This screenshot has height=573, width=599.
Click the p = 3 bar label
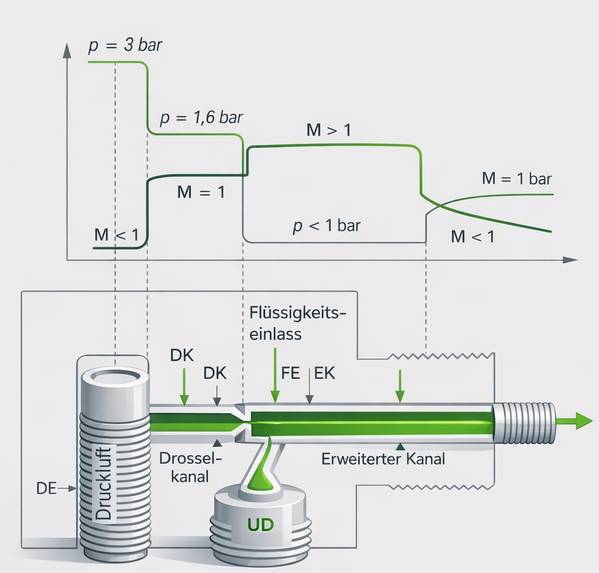[126, 46]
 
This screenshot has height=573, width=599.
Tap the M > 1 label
[329, 130]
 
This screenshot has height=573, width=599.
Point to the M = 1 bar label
[516, 179]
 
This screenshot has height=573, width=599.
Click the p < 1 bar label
[326, 226]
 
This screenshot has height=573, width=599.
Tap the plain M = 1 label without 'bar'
[200, 193]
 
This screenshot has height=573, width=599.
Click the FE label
[290, 373]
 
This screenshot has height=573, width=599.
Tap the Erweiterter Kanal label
[383, 459]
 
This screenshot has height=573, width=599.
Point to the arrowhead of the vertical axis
[66, 48]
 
